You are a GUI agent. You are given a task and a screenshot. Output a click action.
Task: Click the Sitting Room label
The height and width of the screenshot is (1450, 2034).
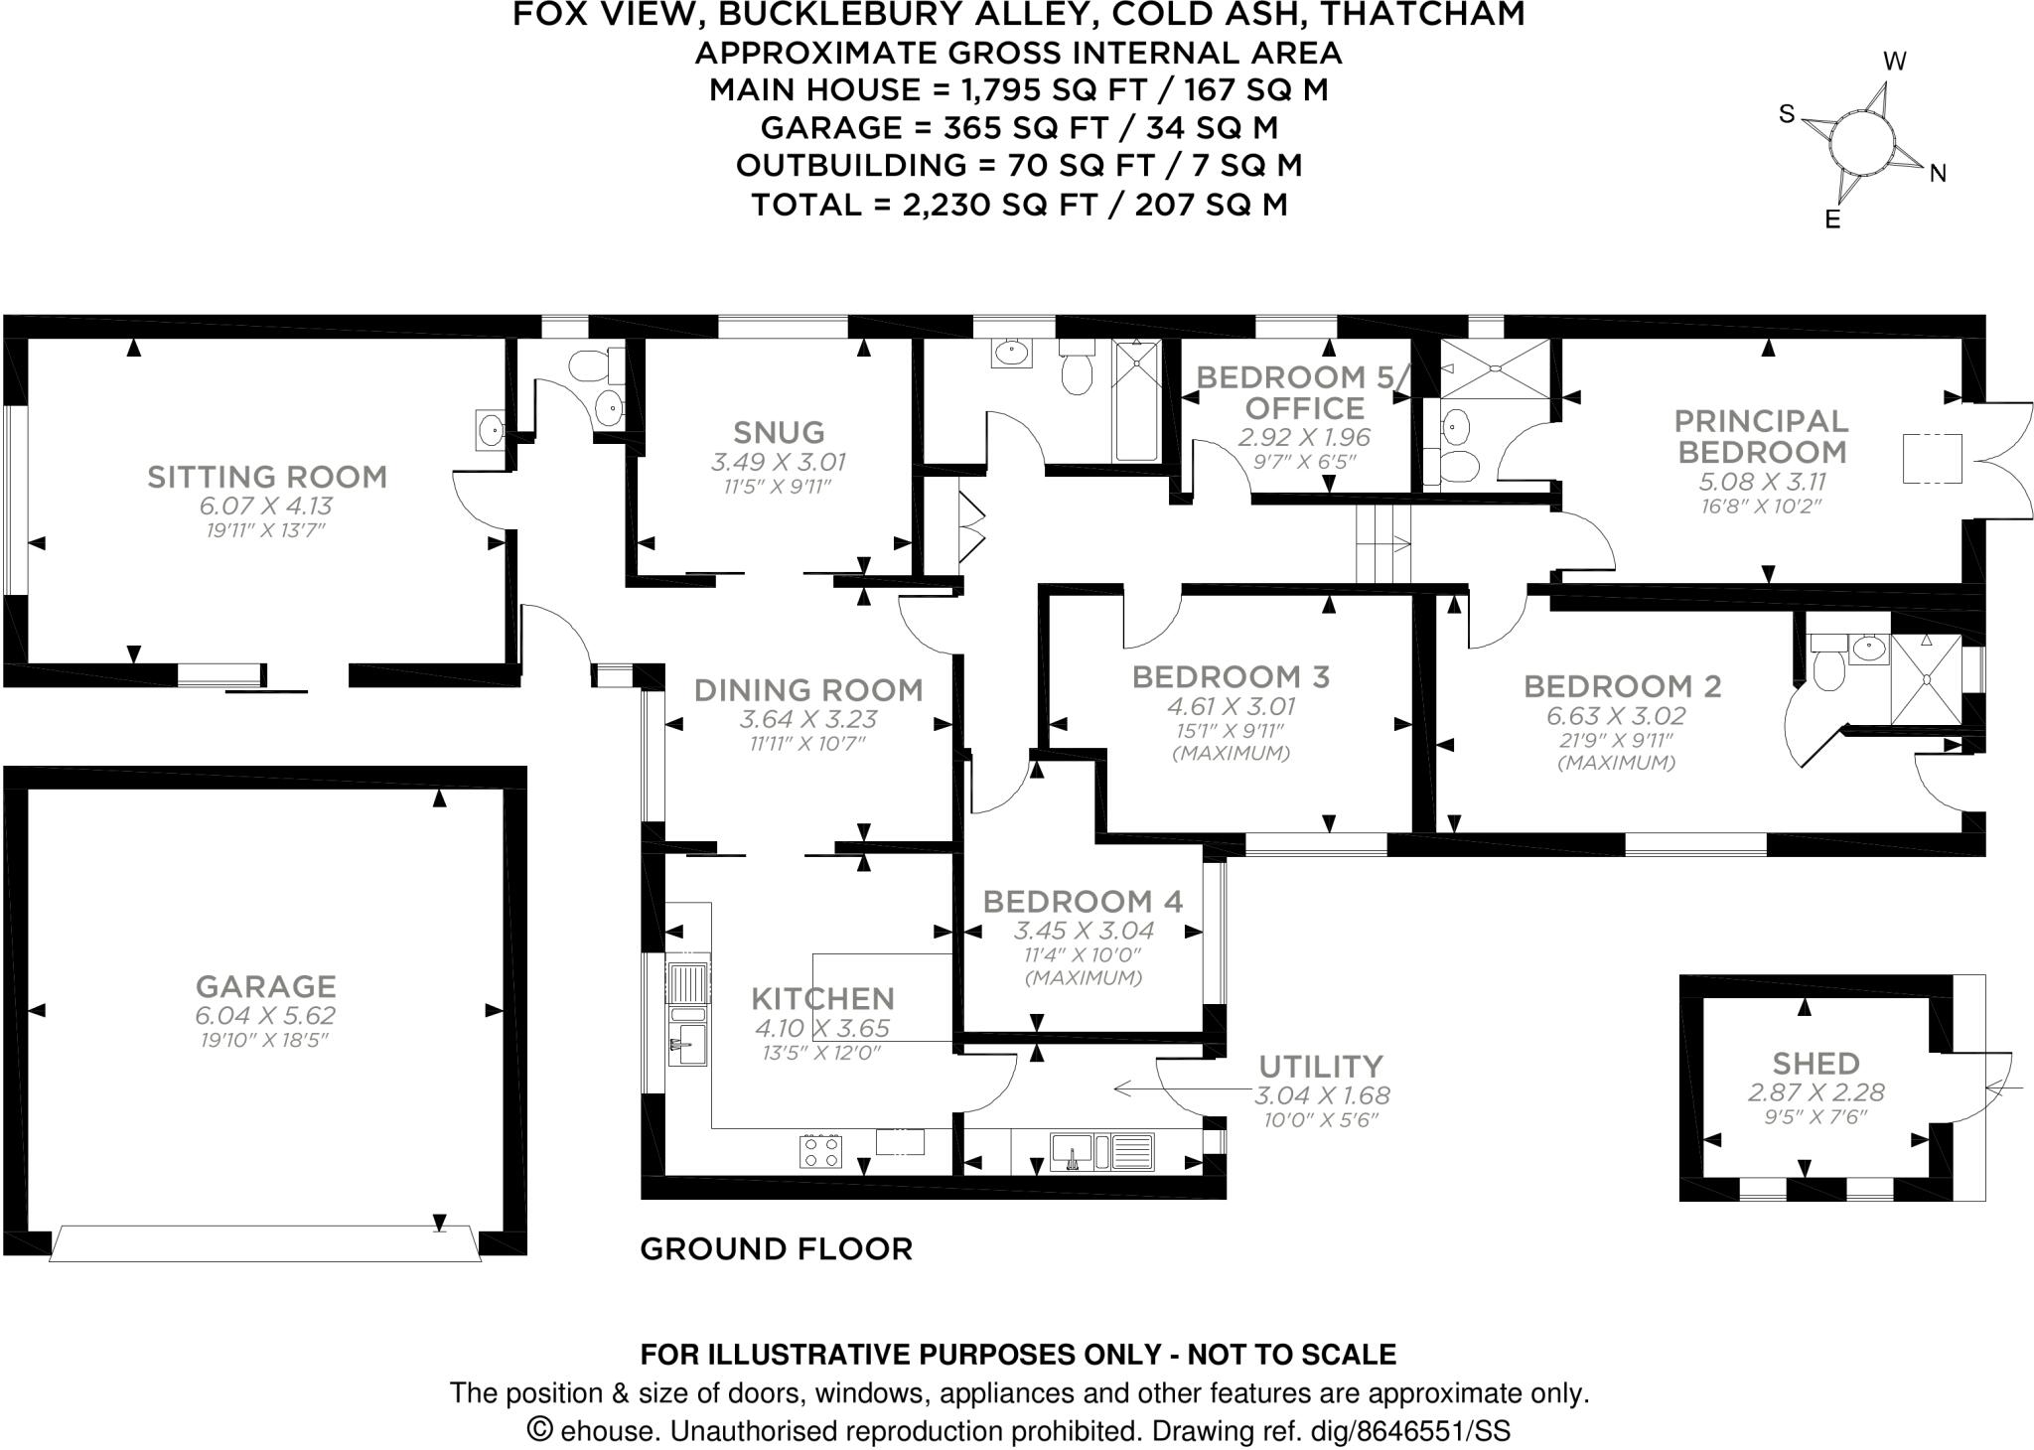point(266,477)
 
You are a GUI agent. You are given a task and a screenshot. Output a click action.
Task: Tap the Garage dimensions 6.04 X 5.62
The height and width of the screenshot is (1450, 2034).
point(265,1015)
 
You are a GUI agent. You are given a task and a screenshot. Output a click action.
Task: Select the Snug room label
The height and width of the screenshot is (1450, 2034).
point(779,432)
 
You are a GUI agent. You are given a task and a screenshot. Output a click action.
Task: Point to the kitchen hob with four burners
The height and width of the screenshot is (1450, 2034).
point(820,1150)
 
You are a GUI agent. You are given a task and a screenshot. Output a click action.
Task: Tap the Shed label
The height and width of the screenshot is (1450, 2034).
point(1816,1063)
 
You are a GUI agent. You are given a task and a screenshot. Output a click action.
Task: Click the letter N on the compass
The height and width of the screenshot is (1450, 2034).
point(1937,174)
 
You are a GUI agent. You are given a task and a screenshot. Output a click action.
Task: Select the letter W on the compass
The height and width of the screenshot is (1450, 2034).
point(1894,63)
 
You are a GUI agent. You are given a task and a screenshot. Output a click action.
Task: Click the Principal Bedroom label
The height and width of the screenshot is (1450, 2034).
point(1761,436)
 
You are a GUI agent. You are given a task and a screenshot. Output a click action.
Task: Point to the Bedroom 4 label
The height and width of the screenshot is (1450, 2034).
point(1083,901)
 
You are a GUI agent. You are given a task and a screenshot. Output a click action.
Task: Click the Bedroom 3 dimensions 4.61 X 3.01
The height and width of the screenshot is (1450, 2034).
point(1231,707)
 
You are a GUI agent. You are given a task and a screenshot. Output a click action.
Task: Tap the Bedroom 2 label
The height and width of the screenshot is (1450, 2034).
point(1622,686)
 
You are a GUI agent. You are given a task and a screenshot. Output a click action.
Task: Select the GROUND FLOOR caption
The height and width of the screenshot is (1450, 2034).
point(776,1248)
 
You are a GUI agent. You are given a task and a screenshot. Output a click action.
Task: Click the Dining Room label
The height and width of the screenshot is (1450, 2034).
point(807,689)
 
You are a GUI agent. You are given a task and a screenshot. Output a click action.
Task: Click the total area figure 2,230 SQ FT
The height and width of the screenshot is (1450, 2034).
point(999,205)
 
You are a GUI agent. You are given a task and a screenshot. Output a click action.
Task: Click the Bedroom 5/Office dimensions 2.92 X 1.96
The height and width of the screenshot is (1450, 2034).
point(1303,437)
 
